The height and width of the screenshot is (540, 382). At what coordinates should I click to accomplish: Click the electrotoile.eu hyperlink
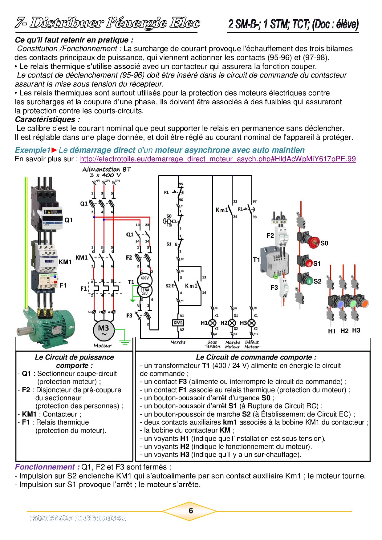pos(218,159)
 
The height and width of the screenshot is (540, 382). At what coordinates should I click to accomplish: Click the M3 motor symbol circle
pos(104,330)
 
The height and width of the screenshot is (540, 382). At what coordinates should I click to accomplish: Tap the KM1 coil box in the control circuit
pos(178,323)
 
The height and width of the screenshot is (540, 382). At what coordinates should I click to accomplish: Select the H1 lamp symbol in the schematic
pos(212,323)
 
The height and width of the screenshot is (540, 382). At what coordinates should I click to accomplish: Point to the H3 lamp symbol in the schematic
pos(252,323)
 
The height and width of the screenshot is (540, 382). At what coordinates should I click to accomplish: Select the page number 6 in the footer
pos(191,511)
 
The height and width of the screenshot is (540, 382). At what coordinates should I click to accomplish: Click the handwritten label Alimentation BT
pos(107,169)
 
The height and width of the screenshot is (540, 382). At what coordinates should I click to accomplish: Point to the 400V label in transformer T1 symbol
pos(144,278)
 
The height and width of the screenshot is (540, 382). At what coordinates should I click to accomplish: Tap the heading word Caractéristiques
pos(47,119)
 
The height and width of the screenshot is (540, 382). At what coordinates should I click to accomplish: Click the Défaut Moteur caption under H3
pos(252,345)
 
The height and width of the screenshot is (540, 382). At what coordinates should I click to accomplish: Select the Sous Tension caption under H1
pos(212,345)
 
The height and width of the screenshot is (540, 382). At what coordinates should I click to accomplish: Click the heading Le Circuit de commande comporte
pos(256,357)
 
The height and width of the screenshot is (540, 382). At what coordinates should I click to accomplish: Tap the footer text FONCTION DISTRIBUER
pos(78,518)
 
